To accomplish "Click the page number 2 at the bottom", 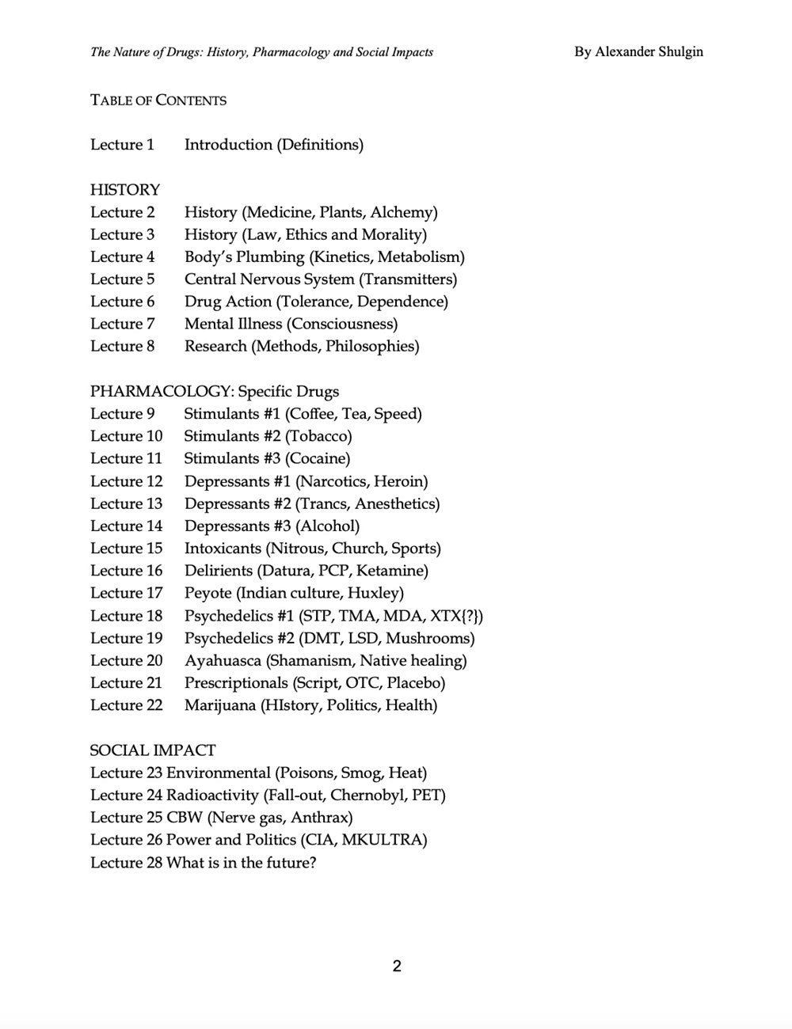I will coord(397,966).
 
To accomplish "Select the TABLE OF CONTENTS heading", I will coord(158,101).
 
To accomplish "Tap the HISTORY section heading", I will coord(125,190).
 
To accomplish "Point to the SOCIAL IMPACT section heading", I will coord(153,750).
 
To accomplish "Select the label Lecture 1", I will coord(123,145).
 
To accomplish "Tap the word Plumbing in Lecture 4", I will coord(266,257).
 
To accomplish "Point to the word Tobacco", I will coord(318,436).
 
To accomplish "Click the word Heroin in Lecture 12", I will coord(400,481).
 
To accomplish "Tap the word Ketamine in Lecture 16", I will coord(391,571).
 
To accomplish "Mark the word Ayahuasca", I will coord(223,661).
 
